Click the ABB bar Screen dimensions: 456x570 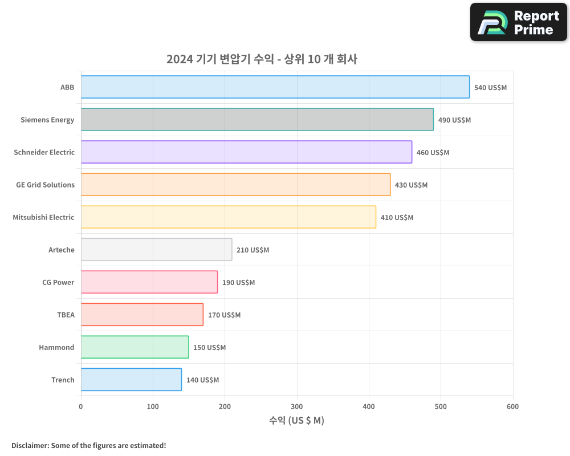tap(275, 87)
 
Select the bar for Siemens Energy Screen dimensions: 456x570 tap(257, 120)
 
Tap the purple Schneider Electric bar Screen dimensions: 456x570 tap(246, 152)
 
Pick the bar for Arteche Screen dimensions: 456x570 tap(156, 250)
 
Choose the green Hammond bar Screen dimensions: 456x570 tap(135, 347)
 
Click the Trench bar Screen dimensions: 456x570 tap(131, 380)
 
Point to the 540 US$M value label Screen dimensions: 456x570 tap(490, 88)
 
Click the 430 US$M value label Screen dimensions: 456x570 tap(411, 185)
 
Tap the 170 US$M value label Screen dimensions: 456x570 tap(224, 315)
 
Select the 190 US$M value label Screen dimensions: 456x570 tap(238, 283)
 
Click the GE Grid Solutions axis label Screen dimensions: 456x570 tap(45, 185)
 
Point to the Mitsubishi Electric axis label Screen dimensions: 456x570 tap(43, 217)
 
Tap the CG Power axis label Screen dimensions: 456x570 tap(58, 282)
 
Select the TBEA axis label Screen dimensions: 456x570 tap(66, 315)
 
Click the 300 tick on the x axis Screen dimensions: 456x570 tap(296, 406)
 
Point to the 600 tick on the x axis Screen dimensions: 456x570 tap(512, 406)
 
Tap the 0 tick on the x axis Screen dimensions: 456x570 tap(81, 406)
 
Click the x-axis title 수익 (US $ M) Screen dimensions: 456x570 tap(296, 421)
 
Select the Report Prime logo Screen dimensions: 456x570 tap(518, 22)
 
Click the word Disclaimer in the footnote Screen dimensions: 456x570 tap(30, 445)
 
